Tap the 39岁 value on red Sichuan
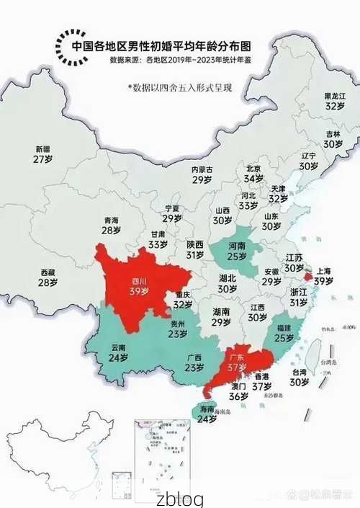139,292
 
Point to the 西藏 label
48,273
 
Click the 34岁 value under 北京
253,178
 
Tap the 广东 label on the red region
236,356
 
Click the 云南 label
118,347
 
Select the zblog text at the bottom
180,499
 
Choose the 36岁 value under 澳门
239,396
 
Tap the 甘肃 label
157,234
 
